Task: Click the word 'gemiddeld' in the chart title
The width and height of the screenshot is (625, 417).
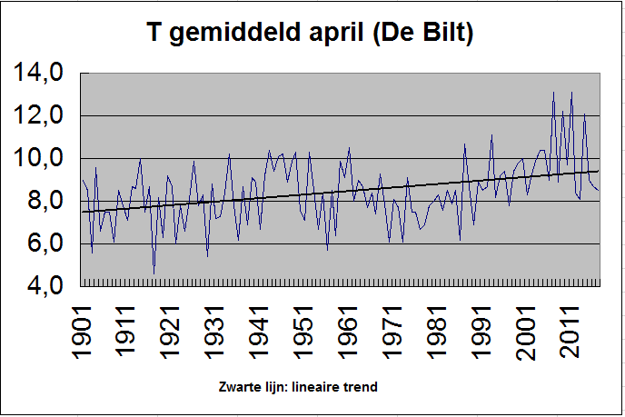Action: [x=234, y=33]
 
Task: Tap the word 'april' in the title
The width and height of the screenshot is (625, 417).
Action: [x=336, y=33]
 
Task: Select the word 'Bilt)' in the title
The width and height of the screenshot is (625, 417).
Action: [x=448, y=32]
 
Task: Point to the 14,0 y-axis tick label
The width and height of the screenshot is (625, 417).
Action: [x=38, y=73]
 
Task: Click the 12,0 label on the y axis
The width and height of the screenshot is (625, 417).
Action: [x=38, y=115]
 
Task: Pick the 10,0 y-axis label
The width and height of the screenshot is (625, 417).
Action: [x=38, y=158]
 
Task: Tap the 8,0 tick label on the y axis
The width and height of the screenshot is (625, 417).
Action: [x=45, y=201]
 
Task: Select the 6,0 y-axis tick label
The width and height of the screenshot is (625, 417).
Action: [x=45, y=243]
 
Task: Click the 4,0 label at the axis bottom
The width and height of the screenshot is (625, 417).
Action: [x=45, y=286]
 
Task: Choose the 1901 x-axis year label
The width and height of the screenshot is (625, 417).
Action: [x=82, y=333]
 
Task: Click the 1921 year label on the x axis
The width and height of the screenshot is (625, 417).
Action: [x=170, y=333]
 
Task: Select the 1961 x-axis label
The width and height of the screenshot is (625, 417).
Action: [x=347, y=333]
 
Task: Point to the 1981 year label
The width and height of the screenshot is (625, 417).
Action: [x=435, y=333]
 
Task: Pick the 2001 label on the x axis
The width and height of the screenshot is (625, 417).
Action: [x=524, y=333]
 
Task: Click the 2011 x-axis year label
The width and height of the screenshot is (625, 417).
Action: [x=569, y=333]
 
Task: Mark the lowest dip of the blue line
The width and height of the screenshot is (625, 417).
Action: [x=154, y=274]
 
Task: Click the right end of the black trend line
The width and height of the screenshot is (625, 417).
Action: [x=599, y=171]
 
